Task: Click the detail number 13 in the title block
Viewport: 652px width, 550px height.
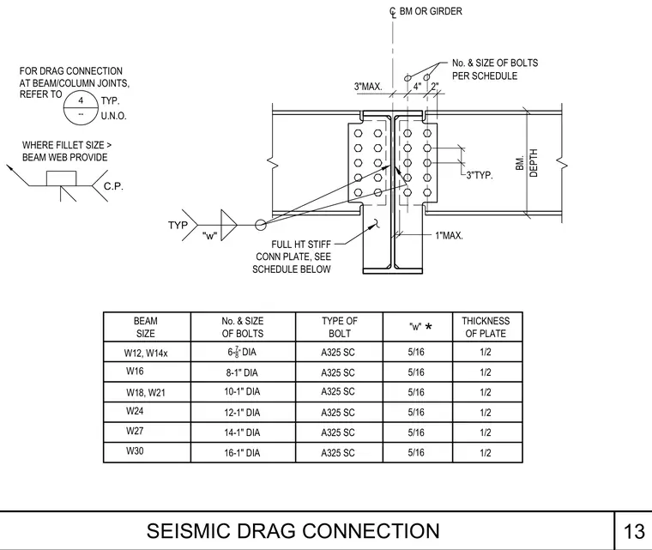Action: pyautogui.click(x=634, y=531)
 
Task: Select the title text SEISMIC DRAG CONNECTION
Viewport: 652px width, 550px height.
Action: pyautogui.click(x=293, y=531)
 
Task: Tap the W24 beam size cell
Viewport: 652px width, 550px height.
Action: pyautogui.click(x=135, y=411)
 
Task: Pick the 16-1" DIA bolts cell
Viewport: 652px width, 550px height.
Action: pyautogui.click(x=242, y=453)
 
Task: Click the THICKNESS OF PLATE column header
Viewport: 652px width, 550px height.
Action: pyautogui.click(x=486, y=327)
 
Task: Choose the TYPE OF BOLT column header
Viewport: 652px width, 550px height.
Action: pyautogui.click(x=340, y=327)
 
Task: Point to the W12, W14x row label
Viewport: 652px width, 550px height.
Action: pyautogui.click(x=146, y=354)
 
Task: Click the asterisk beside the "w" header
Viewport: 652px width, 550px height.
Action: pyautogui.click(x=428, y=327)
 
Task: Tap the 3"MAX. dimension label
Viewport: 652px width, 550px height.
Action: pyautogui.click(x=368, y=87)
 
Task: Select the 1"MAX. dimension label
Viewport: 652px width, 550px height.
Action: pyautogui.click(x=449, y=235)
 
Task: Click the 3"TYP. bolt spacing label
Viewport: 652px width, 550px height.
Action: pyautogui.click(x=480, y=175)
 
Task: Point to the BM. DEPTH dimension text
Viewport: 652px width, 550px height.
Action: pyautogui.click(x=527, y=163)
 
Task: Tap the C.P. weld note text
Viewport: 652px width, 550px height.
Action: pyautogui.click(x=113, y=186)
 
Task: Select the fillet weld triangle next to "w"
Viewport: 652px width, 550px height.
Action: pyautogui.click(x=229, y=225)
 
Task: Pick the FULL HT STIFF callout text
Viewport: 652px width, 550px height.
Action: pyautogui.click(x=301, y=245)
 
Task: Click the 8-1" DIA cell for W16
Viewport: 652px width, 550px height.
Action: pyautogui.click(x=242, y=372)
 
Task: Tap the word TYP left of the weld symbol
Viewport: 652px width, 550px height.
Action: pyautogui.click(x=178, y=225)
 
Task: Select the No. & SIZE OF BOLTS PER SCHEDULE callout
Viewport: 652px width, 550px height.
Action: pyautogui.click(x=495, y=70)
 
